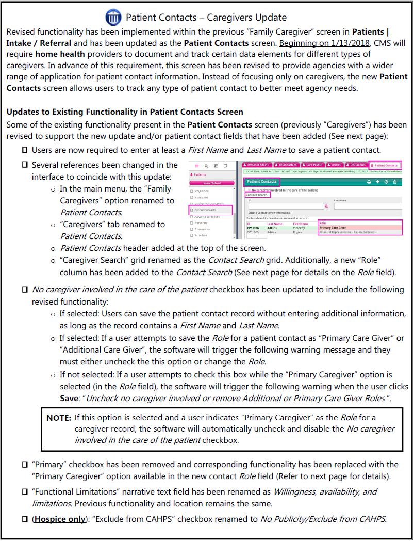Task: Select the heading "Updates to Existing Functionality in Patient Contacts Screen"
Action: pyautogui.click(x=125, y=112)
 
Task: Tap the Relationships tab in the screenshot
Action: pyautogui.click(x=284, y=165)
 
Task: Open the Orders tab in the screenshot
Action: pyautogui.click(x=336, y=165)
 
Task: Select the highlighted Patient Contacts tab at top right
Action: pyautogui.click(x=384, y=165)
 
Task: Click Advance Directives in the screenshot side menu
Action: pyautogui.click(x=207, y=217)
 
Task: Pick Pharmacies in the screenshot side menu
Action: pyautogui.click(x=204, y=229)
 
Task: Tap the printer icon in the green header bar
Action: pyautogui.click(x=369, y=182)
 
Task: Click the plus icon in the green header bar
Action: pyautogui.click(x=377, y=182)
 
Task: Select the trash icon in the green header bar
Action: pyautogui.click(x=395, y=182)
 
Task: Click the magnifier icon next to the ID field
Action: pyautogui.click(x=326, y=206)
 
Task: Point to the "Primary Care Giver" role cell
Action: pyautogui.click(x=333, y=228)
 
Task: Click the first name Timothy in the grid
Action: pyautogui.click(x=299, y=228)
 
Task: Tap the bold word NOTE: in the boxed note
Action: pyautogui.click(x=59, y=418)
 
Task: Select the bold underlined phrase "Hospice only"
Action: pyautogui.click(x=59, y=519)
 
